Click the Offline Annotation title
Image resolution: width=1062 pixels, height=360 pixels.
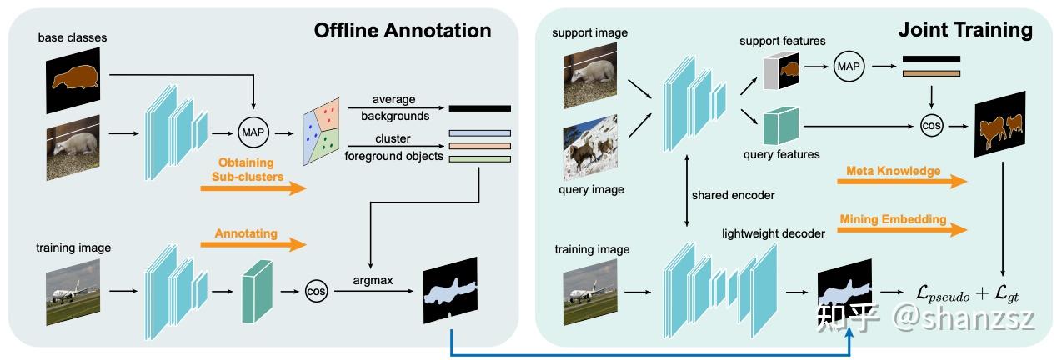pos(402,31)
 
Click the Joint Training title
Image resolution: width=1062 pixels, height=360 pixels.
pos(965,31)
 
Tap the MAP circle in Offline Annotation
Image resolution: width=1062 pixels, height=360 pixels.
pos(251,132)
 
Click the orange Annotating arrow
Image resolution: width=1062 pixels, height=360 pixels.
pos(253,244)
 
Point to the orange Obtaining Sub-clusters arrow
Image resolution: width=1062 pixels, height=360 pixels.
pos(253,188)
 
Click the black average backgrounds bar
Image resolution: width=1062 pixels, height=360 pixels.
pos(479,108)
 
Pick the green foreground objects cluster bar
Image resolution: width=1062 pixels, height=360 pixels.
pos(479,158)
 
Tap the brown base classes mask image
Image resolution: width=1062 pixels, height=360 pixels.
pos(73,79)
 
